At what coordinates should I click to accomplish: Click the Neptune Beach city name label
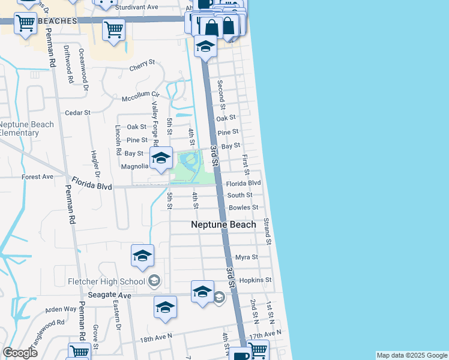pyautogui.click(x=223, y=224)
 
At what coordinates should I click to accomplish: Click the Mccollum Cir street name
pyautogui.click(x=140, y=95)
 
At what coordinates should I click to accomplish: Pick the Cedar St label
pyautogui.click(x=77, y=112)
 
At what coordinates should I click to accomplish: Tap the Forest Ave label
pyautogui.click(x=37, y=177)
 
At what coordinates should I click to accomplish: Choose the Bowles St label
pyautogui.click(x=243, y=208)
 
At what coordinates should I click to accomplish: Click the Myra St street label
pyautogui.click(x=246, y=257)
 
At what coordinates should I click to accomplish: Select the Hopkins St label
pyautogui.click(x=256, y=280)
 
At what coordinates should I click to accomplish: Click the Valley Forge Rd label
pyautogui.click(x=155, y=122)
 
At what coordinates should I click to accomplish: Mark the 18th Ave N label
pyautogui.click(x=155, y=338)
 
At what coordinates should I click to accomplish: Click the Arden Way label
pyautogui.click(x=61, y=310)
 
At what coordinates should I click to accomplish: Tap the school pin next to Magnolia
pyautogui.click(x=161, y=158)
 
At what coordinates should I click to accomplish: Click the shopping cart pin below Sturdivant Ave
pyautogui.click(x=113, y=29)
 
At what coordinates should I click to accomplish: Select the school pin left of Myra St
pyautogui.click(x=142, y=256)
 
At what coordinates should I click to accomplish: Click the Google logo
pyautogui.click(x=20, y=352)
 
